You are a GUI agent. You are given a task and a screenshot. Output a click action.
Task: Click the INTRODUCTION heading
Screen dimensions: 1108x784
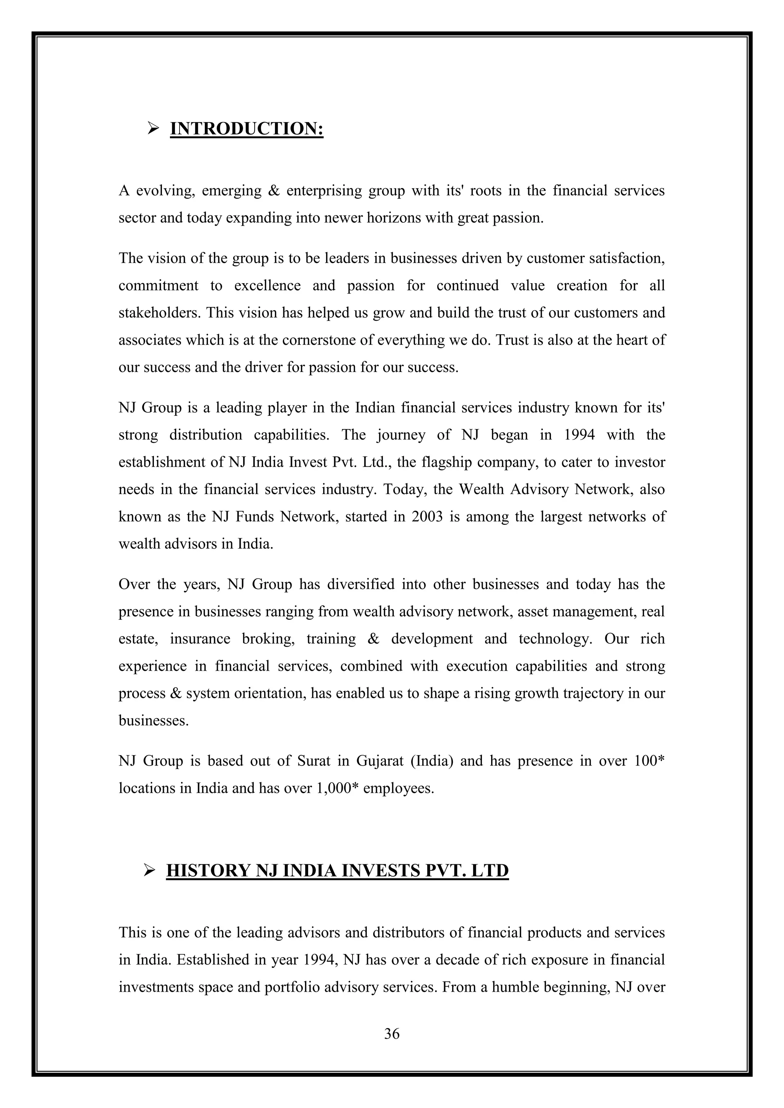247,129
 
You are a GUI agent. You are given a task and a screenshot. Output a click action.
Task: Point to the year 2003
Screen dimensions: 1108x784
427,517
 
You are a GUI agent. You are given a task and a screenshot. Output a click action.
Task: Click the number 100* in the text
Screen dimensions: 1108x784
650,761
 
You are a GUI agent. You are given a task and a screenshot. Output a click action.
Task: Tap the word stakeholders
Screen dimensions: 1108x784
159,313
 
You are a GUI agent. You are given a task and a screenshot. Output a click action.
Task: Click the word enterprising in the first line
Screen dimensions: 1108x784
324,191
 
